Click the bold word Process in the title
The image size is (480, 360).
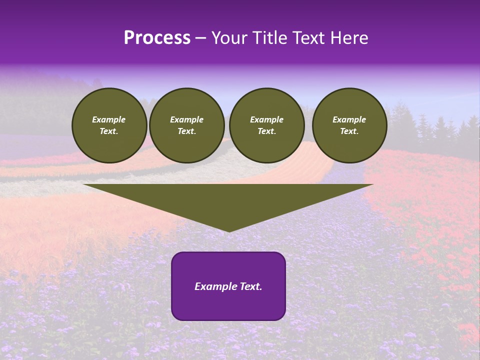click(157, 38)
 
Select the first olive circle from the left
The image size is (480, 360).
click(109, 125)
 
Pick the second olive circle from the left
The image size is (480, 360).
click(186, 125)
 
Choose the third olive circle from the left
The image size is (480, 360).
click(266, 125)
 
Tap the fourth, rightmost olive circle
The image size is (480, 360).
click(349, 125)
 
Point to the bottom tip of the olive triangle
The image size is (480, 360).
click(228, 231)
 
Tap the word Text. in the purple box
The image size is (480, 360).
click(250, 286)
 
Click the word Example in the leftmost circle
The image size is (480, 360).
click(109, 119)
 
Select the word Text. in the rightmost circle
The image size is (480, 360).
click(349, 131)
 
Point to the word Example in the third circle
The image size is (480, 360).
click(266, 119)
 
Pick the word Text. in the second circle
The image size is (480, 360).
click(186, 131)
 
